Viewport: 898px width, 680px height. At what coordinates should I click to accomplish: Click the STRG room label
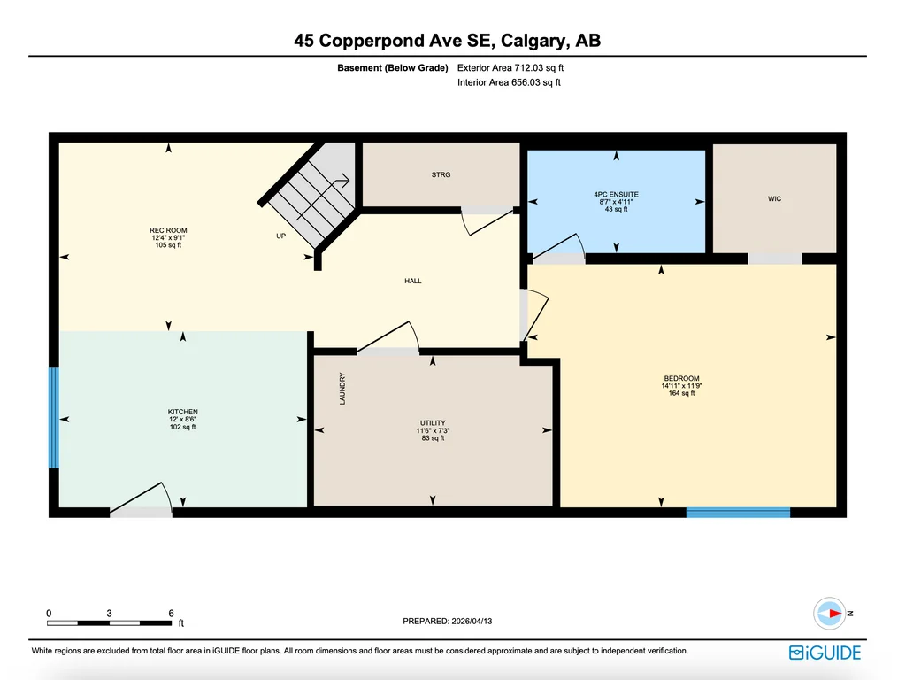(441, 174)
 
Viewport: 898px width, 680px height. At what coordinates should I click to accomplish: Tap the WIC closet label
(774, 198)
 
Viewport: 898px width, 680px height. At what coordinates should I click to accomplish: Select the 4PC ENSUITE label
(617, 195)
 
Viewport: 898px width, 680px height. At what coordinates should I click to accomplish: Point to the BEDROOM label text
(681, 378)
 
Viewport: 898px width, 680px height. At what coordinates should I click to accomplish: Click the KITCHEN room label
(182, 412)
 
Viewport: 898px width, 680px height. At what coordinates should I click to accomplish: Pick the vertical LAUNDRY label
(342, 389)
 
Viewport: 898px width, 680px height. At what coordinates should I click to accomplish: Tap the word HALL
(413, 281)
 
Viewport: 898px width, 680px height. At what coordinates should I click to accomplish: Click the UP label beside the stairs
(280, 236)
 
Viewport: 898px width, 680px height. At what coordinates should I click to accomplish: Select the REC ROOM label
(168, 230)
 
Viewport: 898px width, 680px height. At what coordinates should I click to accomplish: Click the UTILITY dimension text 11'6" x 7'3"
(433, 430)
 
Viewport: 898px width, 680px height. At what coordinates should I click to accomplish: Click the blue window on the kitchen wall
(54, 418)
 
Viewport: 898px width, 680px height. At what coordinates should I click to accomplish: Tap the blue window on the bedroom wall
(738, 512)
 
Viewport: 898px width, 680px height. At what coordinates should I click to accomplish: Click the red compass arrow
(834, 614)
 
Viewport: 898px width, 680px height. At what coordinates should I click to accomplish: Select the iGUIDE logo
(825, 653)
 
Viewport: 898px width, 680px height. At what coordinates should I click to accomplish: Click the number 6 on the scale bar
(172, 613)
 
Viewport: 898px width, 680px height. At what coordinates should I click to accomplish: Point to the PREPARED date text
(448, 621)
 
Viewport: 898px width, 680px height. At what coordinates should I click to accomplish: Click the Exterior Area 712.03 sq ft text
(510, 67)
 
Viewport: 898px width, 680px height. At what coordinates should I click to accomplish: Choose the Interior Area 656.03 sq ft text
(509, 82)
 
